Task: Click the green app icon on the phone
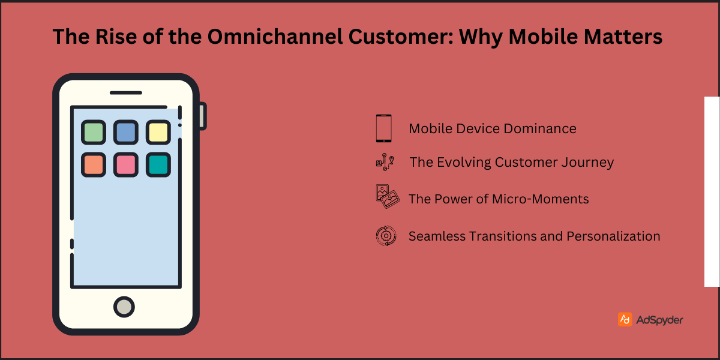pyautogui.click(x=94, y=133)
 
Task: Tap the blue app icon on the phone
pyautogui.click(x=126, y=133)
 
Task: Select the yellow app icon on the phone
pyautogui.click(x=158, y=133)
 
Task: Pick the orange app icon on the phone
pyautogui.click(x=94, y=164)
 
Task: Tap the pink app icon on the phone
pyautogui.click(x=126, y=164)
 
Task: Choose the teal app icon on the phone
pyautogui.click(x=158, y=164)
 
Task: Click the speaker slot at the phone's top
pyautogui.click(x=126, y=93)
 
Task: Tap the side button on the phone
pyautogui.click(x=203, y=116)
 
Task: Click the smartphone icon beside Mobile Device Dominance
pyautogui.click(x=384, y=128)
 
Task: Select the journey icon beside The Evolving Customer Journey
pyautogui.click(x=384, y=163)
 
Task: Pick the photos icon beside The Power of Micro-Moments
pyautogui.click(x=387, y=197)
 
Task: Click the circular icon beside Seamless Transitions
pyautogui.click(x=386, y=236)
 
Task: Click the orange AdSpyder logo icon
pyautogui.click(x=625, y=319)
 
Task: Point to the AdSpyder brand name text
pyautogui.click(x=659, y=320)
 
